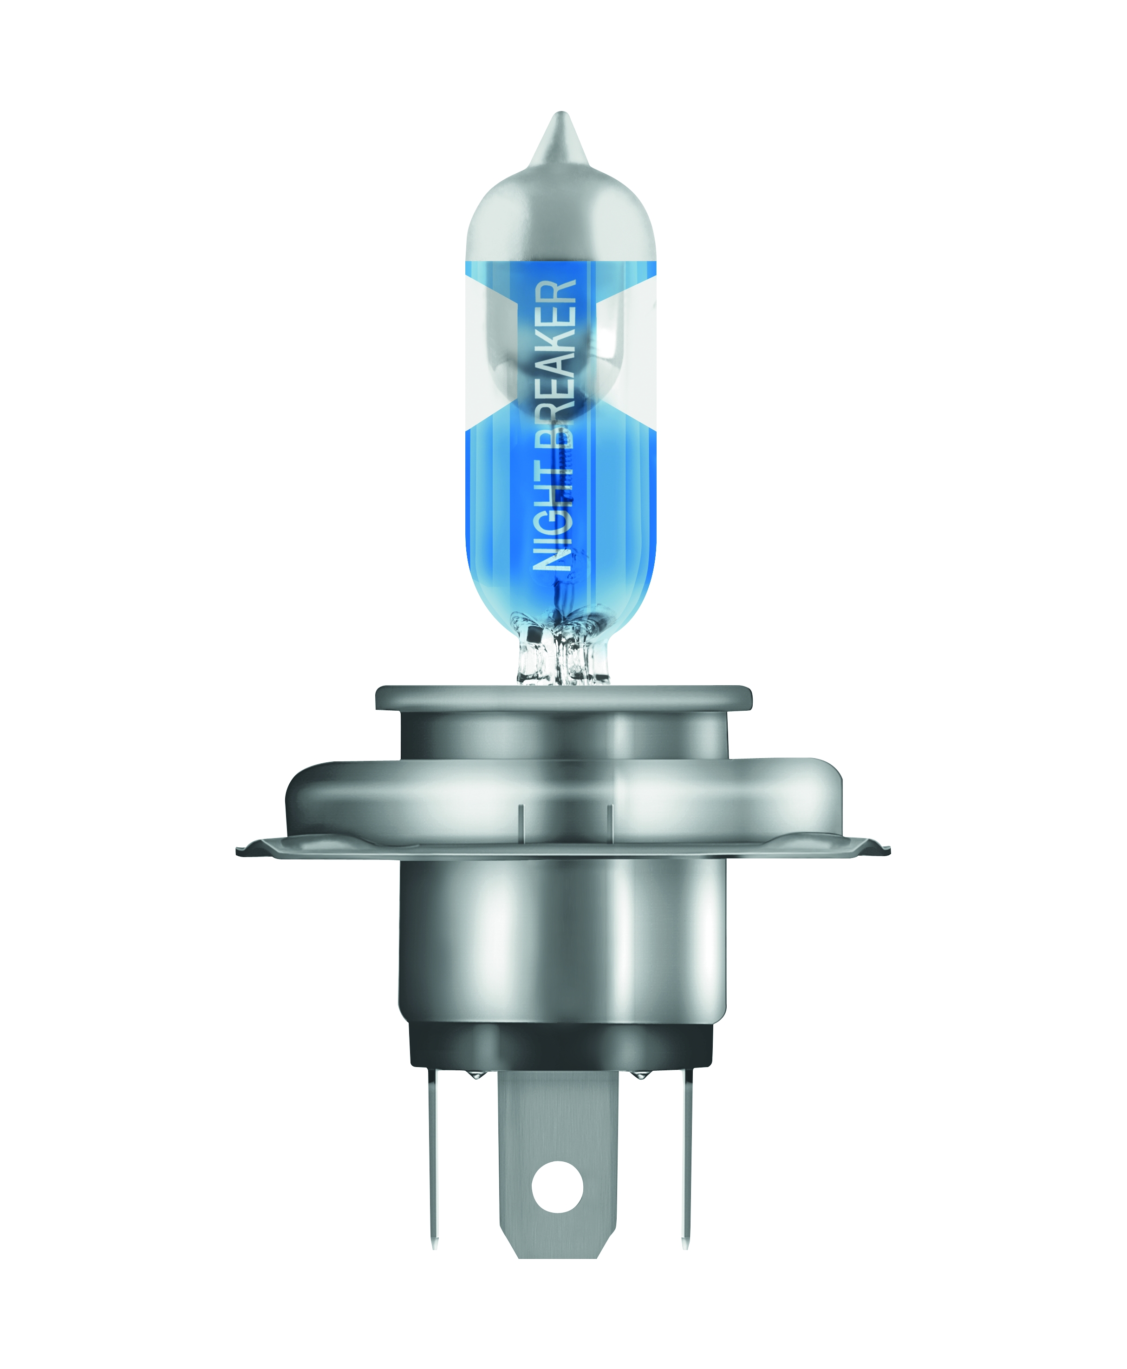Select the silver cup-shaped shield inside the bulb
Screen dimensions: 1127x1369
coord(561,344)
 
